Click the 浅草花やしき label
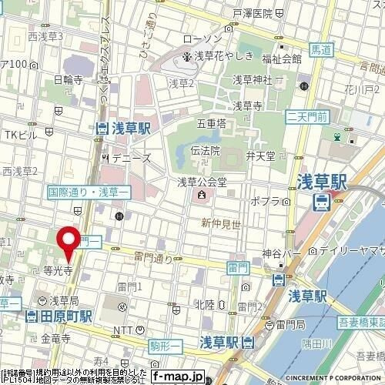point(218,56)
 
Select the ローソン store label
point(203,39)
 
